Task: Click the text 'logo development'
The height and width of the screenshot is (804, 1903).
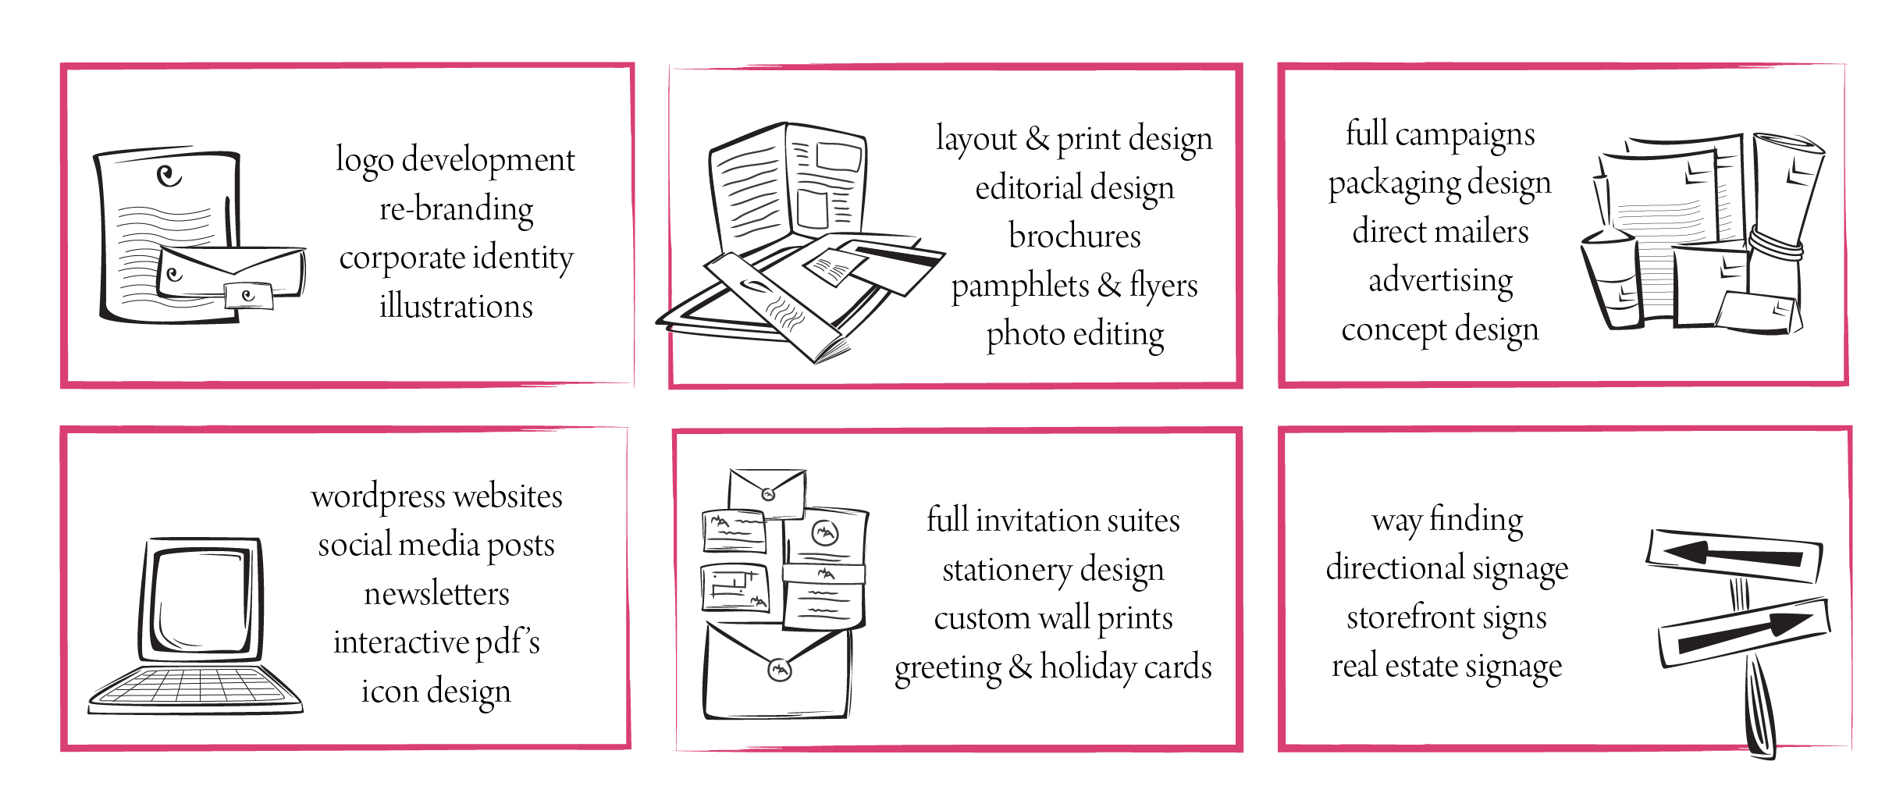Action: pyautogui.click(x=456, y=161)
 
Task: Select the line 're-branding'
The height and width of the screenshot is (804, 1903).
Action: pyautogui.click(x=456, y=208)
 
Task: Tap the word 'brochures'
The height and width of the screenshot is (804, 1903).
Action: pyautogui.click(x=1075, y=235)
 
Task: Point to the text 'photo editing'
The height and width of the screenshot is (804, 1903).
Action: pyautogui.click(x=1075, y=335)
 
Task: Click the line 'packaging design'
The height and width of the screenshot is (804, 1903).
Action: pyautogui.click(x=1440, y=184)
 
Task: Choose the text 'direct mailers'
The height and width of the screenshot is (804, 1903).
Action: pyautogui.click(x=1440, y=231)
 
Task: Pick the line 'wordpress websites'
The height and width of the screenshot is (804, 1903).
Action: pyautogui.click(x=436, y=497)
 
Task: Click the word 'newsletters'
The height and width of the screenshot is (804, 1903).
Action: pyautogui.click(x=436, y=593)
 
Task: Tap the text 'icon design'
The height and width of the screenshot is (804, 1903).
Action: pyautogui.click(x=436, y=692)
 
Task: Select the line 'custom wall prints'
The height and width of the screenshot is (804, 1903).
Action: pyautogui.click(x=1053, y=618)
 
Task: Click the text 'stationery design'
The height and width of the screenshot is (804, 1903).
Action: pyautogui.click(x=1053, y=570)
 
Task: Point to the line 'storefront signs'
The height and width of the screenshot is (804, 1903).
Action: pyautogui.click(x=1446, y=617)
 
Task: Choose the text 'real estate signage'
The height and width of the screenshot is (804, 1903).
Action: pyautogui.click(x=1446, y=667)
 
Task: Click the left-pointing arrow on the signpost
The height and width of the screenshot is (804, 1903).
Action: pyautogui.click(x=1733, y=555)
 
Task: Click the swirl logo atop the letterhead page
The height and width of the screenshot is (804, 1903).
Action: pyautogui.click(x=169, y=175)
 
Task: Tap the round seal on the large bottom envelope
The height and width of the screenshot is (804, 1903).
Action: pyautogui.click(x=780, y=669)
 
